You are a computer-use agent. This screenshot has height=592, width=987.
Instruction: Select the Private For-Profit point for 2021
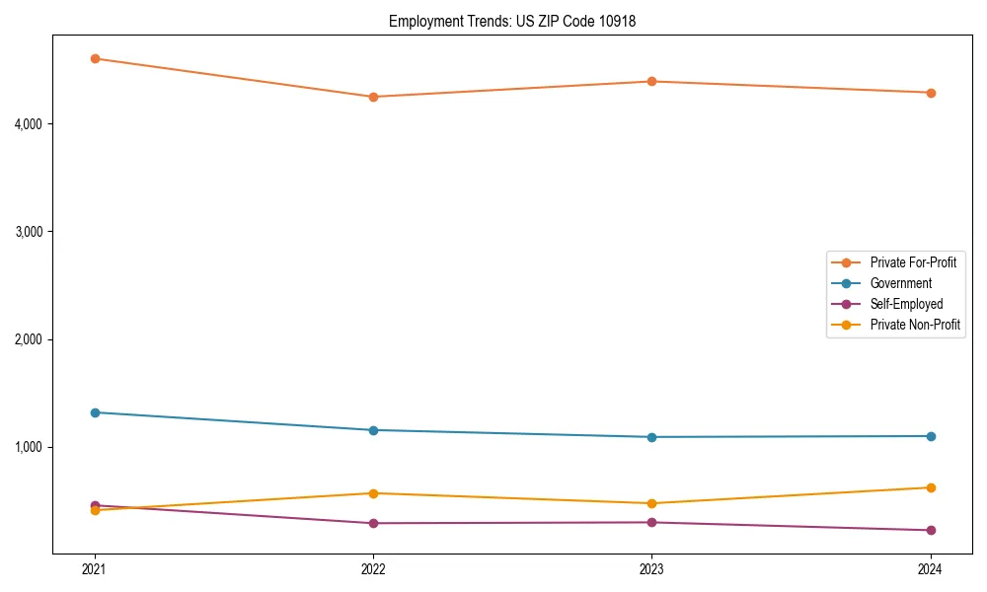pyautogui.click(x=95, y=58)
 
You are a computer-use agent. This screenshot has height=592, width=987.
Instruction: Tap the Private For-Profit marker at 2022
pyautogui.click(x=373, y=97)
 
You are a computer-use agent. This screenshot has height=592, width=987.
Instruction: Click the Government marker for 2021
pyautogui.click(x=95, y=412)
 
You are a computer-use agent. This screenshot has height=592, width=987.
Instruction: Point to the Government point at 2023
pyautogui.click(x=651, y=437)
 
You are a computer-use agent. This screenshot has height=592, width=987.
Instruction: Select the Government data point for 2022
pyautogui.click(x=373, y=430)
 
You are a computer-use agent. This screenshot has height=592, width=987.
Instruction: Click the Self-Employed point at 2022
pyautogui.click(x=373, y=523)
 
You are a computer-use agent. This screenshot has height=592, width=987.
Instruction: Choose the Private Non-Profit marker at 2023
pyautogui.click(x=651, y=503)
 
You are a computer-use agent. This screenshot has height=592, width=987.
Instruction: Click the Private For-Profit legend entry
pyautogui.click(x=913, y=262)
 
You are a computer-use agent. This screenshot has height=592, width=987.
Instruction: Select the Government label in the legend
pyautogui.click(x=900, y=283)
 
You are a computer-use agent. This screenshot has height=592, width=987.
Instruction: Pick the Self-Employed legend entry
pyautogui.click(x=906, y=304)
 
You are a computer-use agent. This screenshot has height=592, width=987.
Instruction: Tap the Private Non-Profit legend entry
pyautogui.click(x=915, y=325)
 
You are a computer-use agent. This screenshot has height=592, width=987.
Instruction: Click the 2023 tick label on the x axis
pyautogui.click(x=651, y=568)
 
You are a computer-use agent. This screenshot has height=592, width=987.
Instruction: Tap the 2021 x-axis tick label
pyautogui.click(x=95, y=568)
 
